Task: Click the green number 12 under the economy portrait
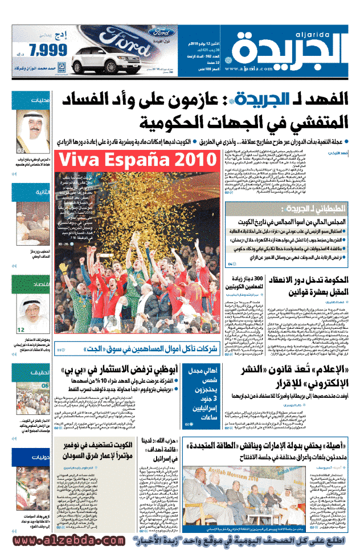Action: click(x=21, y=329)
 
